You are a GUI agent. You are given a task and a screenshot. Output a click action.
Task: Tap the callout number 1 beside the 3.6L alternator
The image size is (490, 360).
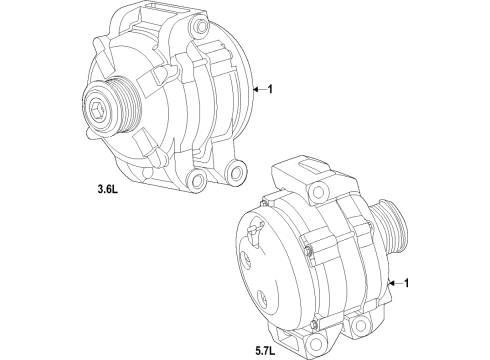coord(270,90)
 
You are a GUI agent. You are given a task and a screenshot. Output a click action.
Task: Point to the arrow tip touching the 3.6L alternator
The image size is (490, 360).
coord(254,90)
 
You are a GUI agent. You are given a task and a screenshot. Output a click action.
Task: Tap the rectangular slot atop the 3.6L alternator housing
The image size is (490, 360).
coord(166,18)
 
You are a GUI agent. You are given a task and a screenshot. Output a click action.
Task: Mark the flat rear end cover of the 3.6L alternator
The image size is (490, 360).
coord(240,85)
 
